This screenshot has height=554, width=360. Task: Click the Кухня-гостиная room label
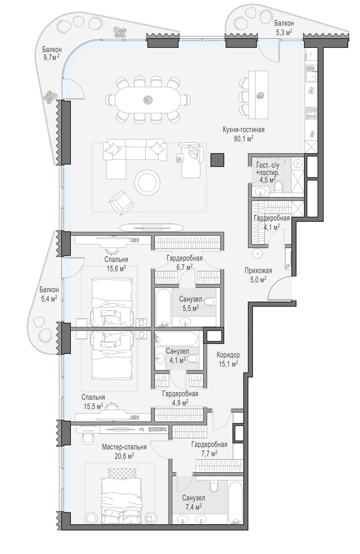tap(244, 130)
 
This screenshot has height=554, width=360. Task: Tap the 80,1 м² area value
tap(244, 138)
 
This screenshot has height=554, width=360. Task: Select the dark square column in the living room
tap(217, 160)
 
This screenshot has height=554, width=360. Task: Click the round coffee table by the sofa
tap(147, 183)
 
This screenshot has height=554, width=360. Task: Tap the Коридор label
tap(228, 355)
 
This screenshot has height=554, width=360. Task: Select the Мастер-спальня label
tap(124, 447)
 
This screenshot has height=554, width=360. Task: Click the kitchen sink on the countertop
tap(311, 73)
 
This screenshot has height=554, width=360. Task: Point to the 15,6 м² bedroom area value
tap(116, 269)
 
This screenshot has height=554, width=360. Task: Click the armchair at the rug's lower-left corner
tap(121, 202)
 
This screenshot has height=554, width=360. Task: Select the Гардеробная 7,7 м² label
tap(209, 449)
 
